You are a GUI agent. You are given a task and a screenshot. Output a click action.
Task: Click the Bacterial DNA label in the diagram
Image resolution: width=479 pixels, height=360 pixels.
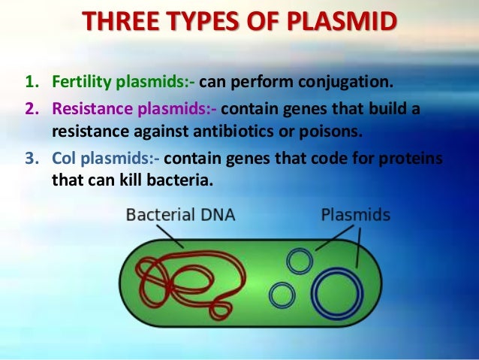pos(180,215)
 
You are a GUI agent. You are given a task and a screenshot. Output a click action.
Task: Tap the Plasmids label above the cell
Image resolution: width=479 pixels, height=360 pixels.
pos(355,215)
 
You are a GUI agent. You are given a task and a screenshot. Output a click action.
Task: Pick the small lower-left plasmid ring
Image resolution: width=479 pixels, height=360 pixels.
pos(282,295)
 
